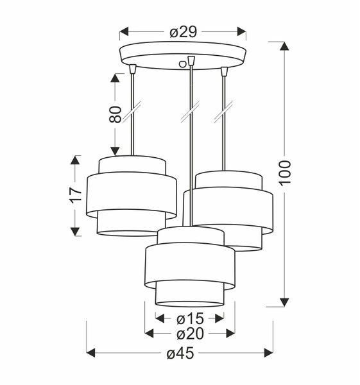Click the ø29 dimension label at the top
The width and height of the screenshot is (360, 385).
pos(183,31)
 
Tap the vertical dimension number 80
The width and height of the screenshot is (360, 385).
pos(115,114)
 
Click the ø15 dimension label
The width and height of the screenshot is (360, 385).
pos(189,318)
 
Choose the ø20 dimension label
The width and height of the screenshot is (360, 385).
pos(189,334)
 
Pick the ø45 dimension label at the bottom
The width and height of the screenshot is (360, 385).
pos(180,353)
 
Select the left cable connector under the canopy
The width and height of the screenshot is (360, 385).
pos(132,69)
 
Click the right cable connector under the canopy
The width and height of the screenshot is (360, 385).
pos(224,71)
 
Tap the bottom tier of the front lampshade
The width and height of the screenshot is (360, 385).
pos(189,295)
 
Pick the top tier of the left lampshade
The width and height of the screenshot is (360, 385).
pos(132,164)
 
